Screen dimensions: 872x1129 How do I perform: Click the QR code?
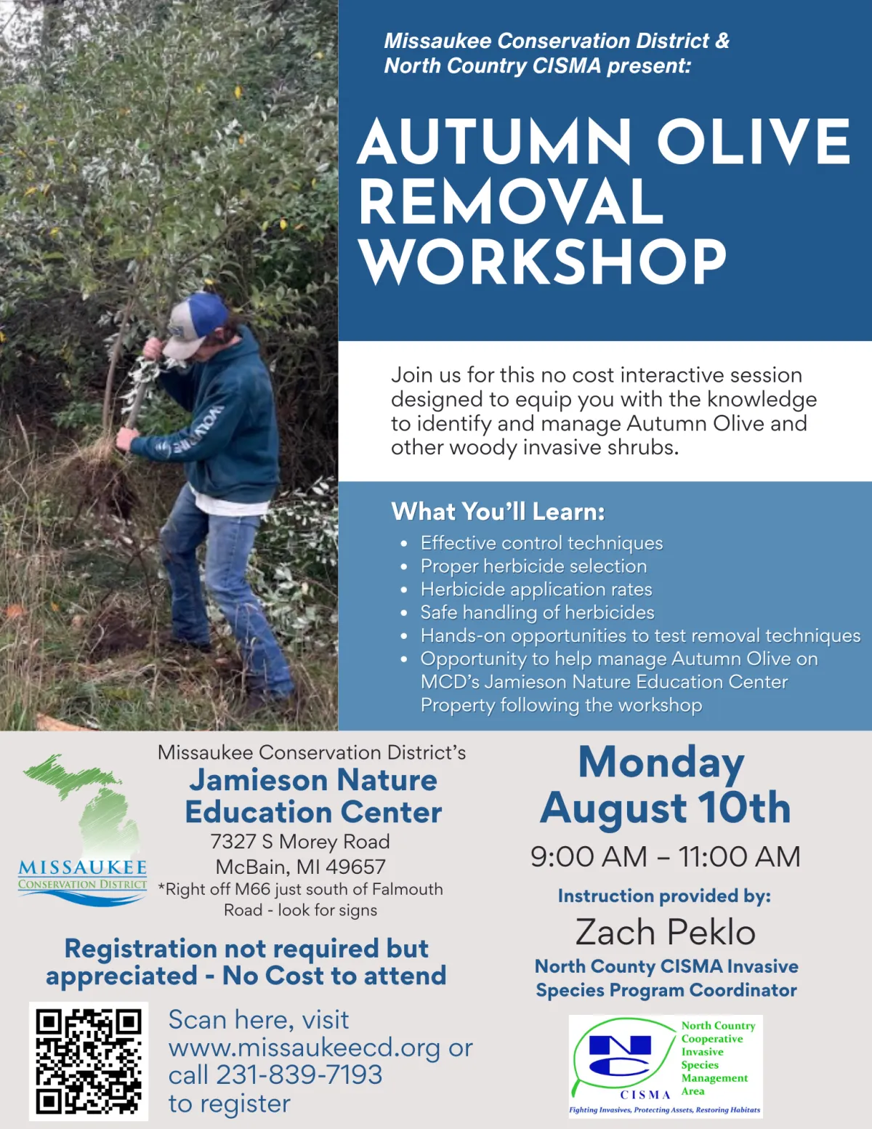point(89,1061)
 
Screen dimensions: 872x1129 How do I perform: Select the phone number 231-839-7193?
point(299,1074)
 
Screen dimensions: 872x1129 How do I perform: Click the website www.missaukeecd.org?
point(304,1048)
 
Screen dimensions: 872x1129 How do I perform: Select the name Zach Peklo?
point(666,932)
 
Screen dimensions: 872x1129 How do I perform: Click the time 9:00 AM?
point(589,857)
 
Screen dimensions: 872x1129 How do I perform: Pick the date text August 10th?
point(666,808)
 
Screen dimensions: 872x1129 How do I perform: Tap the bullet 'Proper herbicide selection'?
point(533,566)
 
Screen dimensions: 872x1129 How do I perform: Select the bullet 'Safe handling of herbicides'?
point(537,613)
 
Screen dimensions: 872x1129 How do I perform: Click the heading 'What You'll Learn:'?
point(498,511)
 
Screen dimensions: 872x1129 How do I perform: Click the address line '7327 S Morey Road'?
point(300,842)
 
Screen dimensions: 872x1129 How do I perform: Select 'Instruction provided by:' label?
point(664,896)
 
